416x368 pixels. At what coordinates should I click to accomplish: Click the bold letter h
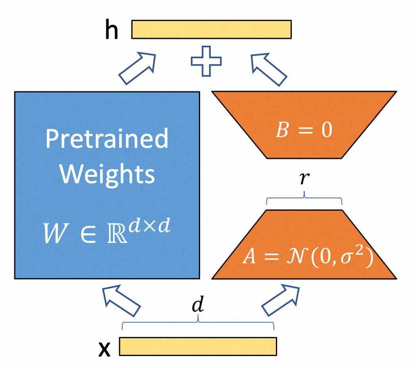(x=112, y=30)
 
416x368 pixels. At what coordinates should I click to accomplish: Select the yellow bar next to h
(x=211, y=29)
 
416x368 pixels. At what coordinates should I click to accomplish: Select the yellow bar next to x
(x=197, y=346)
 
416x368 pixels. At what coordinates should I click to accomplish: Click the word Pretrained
(x=107, y=139)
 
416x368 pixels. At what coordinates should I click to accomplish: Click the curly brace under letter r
(x=304, y=199)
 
